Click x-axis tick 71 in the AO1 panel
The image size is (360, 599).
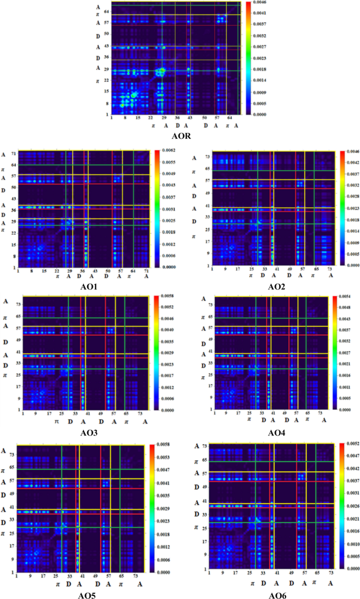pyautogui.click(x=147, y=271)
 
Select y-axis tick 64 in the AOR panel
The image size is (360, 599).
pyautogui.click(x=106, y=11)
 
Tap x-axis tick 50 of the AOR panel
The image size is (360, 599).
pyautogui.click(x=205, y=118)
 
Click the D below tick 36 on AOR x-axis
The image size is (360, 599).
pyautogui.click(x=178, y=126)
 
